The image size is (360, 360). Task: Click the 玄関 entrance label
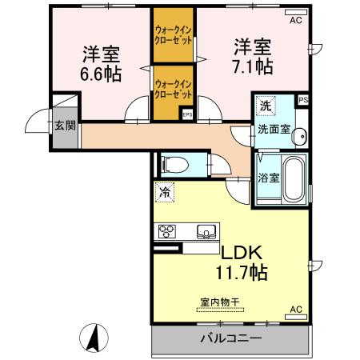[64, 125]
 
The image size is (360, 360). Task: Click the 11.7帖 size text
[238, 272]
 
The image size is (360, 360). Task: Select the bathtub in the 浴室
[294, 179]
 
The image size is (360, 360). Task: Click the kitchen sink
[206, 233]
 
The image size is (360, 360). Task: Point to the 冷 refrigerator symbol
[165, 192]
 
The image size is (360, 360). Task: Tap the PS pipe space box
[302, 100]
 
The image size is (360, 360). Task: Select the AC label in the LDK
[295, 309]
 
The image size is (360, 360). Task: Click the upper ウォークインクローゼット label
[174, 37]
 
